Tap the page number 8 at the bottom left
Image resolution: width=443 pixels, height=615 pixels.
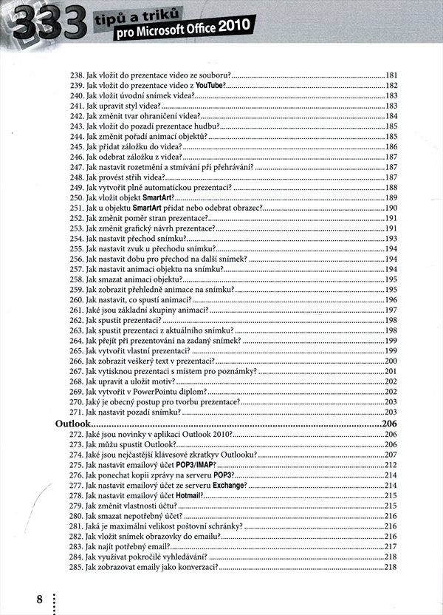click(x=39, y=598)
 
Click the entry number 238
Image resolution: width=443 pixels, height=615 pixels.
click(x=76, y=75)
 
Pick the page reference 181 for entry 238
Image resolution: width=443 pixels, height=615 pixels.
click(x=391, y=75)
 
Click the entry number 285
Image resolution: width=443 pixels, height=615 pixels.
click(x=76, y=567)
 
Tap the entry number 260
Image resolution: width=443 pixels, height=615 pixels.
click(x=76, y=300)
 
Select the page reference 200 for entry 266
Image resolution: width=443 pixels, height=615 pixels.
click(x=391, y=361)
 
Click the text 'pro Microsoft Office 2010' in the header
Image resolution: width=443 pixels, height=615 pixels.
click(x=185, y=28)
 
